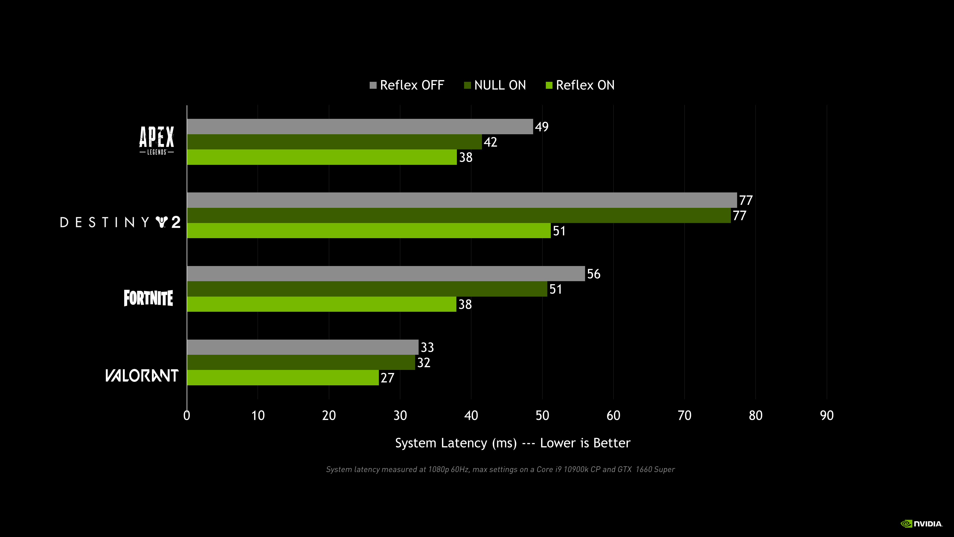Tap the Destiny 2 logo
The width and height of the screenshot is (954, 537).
click(120, 222)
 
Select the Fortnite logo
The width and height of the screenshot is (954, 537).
click(148, 298)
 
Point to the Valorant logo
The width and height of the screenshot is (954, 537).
click(142, 375)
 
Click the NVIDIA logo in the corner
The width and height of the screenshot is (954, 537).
click(921, 524)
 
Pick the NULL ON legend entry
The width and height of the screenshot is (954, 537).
click(495, 85)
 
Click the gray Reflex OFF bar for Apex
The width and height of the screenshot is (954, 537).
click(359, 126)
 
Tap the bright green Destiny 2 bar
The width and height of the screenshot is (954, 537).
click(368, 230)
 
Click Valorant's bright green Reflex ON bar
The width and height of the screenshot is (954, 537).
click(282, 378)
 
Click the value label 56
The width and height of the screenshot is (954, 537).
click(594, 274)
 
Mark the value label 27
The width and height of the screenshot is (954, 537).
click(387, 378)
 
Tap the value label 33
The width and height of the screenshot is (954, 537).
click(427, 347)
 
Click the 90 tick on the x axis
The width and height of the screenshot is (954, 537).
click(827, 415)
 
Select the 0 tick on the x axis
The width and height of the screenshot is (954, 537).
click(187, 415)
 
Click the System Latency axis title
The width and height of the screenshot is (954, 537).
click(513, 443)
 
